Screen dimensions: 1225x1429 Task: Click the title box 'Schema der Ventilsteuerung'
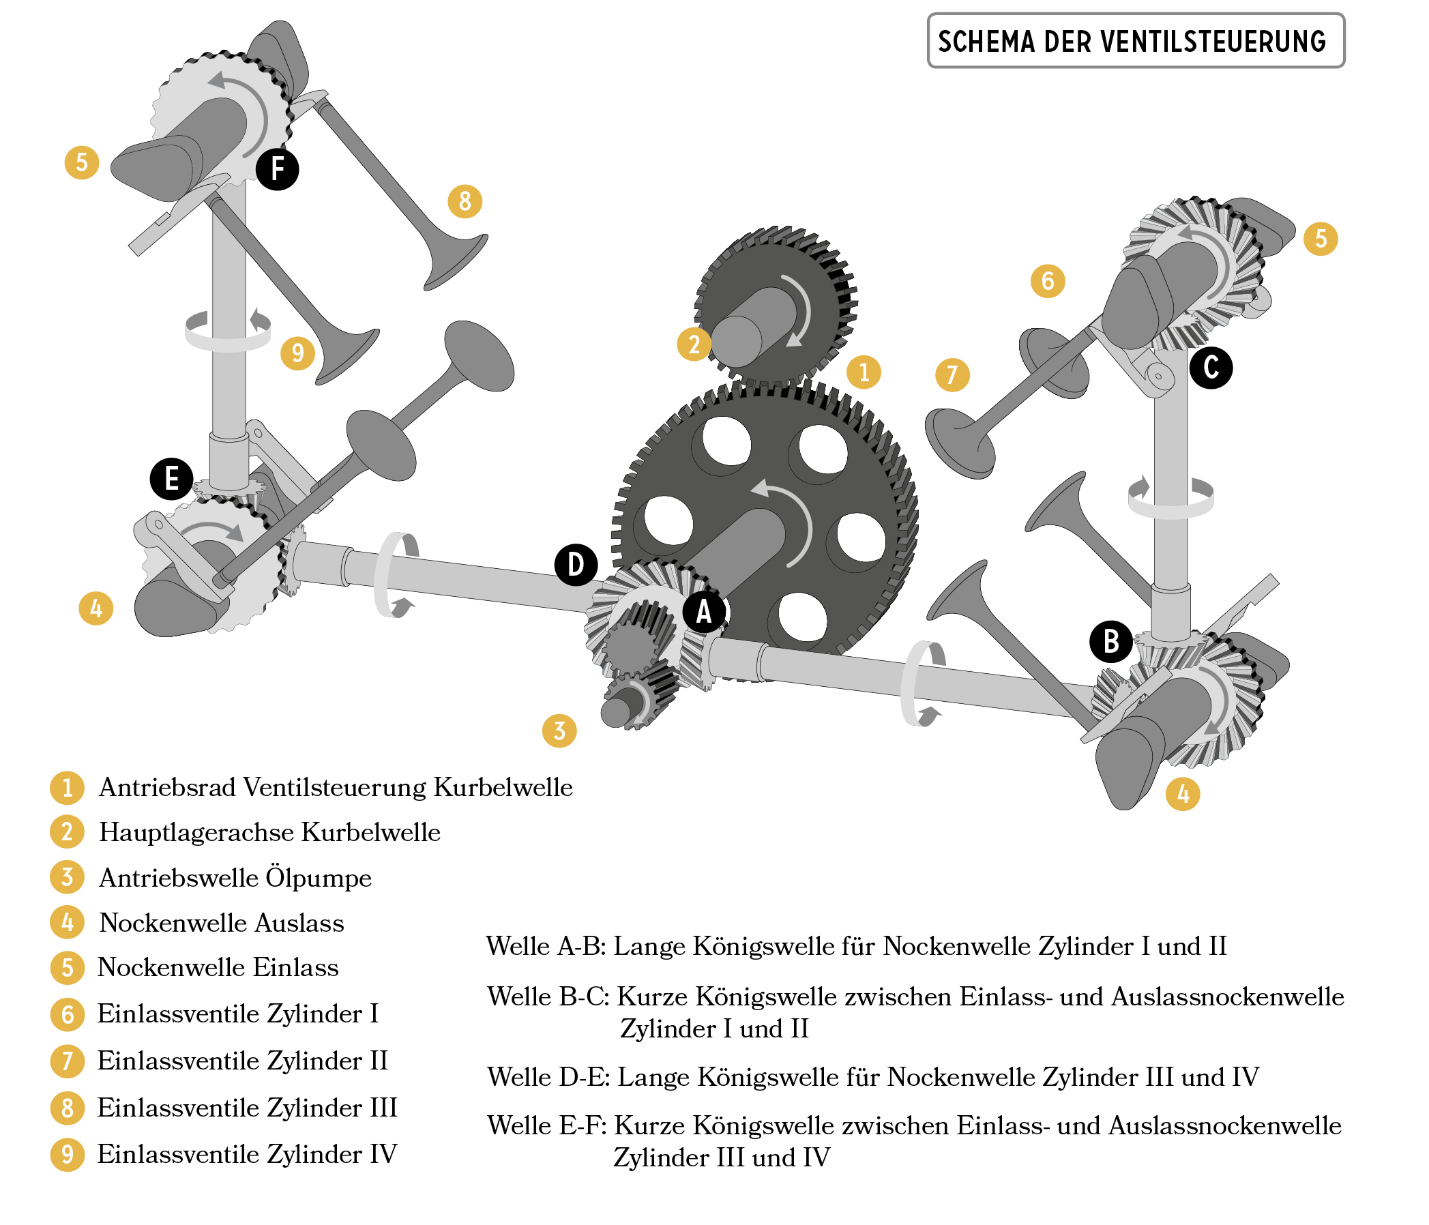click(1135, 41)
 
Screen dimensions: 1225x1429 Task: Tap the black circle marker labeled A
click(703, 611)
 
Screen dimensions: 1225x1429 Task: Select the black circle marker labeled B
click(1110, 640)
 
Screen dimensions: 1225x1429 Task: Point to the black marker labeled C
click(1210, 367)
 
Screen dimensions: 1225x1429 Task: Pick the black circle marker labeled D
click(576, 565)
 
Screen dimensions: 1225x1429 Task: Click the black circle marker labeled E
click(171, 478)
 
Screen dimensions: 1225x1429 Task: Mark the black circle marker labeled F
click(277, 168)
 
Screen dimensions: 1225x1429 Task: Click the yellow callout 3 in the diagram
click(559, 730)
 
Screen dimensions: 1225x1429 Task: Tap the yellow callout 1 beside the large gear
click(864, 372)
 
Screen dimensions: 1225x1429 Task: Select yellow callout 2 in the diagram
click(694, 344)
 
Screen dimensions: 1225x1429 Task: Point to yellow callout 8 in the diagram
click(465, 201)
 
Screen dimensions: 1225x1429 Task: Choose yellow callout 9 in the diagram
click(297, 353)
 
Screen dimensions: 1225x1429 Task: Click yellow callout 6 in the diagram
click(1048, 281)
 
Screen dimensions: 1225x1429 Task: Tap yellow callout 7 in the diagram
click(952, 374)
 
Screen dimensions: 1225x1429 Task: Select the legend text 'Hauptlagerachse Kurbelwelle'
click(269, 833)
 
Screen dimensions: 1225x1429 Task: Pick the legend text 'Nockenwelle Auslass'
click(222, 923)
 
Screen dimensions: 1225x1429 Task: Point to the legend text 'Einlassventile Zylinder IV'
click(247, 1154)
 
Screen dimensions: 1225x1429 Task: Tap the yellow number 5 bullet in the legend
click(68, 968)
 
